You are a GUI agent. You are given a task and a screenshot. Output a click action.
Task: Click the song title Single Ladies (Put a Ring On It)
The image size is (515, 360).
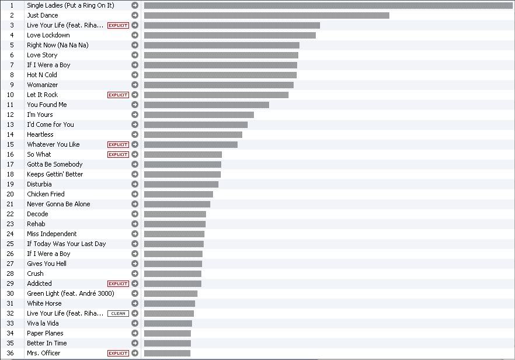click(x=70, y=5)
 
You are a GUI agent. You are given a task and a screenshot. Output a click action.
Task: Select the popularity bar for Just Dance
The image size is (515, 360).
click(x=266, y=15)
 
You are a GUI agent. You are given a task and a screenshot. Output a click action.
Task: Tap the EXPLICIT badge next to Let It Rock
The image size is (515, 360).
click(x=118, y=95)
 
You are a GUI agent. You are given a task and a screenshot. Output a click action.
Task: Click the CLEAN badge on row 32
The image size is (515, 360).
click(x=118, y=313)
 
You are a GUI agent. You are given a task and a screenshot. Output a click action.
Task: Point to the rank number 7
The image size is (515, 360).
click(x=12, y=65)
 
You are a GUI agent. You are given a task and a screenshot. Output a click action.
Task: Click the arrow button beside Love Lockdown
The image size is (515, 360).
click(x=135, y=35)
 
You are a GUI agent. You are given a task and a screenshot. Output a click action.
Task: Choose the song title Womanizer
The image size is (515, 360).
click(x=42, y=85)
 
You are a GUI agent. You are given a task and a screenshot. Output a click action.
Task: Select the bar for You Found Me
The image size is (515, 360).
click(x=206, y=105)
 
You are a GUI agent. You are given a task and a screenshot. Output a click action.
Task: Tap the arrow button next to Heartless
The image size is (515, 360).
click(x=135, y=134)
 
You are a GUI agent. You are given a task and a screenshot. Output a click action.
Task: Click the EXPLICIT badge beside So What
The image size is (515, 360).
click(x=118, y=154)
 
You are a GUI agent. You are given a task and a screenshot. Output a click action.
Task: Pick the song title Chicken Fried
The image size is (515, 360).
click(x=46, y=194)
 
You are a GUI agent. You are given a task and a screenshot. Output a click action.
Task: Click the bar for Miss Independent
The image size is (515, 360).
click(x=174, y=234)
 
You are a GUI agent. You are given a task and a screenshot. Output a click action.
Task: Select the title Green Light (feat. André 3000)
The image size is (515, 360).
click(x=70, y=293)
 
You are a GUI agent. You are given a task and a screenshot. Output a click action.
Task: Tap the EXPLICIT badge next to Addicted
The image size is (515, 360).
click(x=118, y=283)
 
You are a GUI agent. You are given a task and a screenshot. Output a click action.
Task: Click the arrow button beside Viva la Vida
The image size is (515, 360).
click(x=135, y=323)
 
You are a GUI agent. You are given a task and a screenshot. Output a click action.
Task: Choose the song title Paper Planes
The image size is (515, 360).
click(x=45, y=333)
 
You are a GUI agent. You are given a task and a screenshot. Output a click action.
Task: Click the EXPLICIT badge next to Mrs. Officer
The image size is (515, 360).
click(x=118, y=353)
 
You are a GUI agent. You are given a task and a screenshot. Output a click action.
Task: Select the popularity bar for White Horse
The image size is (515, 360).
click(x=169, y=303)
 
